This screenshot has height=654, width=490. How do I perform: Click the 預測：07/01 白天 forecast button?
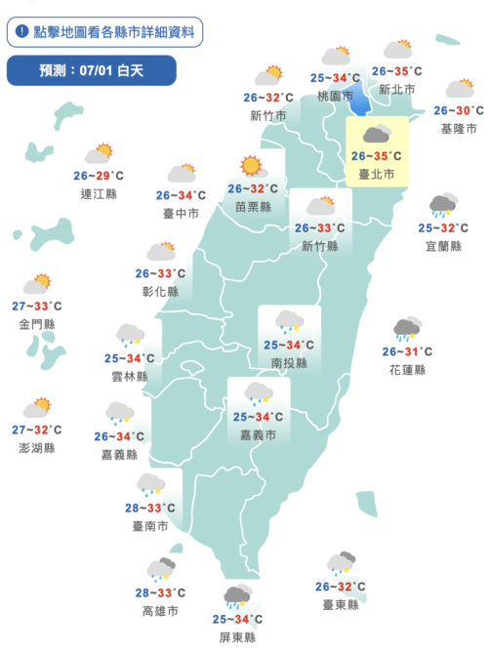coord(91,70)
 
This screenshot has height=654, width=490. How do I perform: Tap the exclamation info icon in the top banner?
coord(22,31)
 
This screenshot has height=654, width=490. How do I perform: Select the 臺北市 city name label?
coord(376,175)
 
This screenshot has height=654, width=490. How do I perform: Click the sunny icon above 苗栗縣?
coord(253,166)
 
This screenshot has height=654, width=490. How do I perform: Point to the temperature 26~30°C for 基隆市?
coord(459,110)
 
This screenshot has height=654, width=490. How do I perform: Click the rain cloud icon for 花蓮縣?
coord(407,329)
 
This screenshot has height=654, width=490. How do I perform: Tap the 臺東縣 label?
coord(341,605)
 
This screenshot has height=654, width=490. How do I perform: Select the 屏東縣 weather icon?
coord(237,595)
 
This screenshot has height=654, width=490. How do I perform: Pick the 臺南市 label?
coord(149,526)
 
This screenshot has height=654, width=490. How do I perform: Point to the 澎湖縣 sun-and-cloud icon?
coord(39,407)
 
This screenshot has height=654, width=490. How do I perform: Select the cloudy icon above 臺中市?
coord(181,174)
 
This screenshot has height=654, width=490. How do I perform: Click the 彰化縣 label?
coord(160,291)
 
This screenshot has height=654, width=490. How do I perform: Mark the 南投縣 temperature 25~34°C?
coord(288,345)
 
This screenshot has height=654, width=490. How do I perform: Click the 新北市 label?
coord(396,90)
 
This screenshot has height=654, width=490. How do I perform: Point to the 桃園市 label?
coord(335,97)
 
